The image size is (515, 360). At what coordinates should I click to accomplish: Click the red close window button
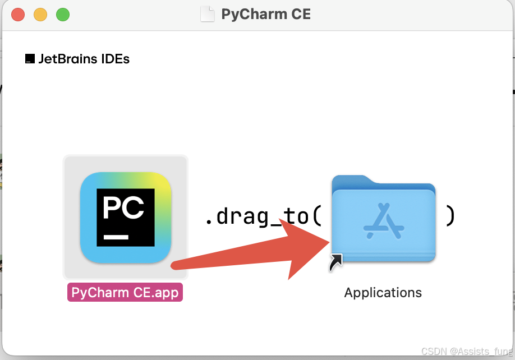pyautogui.click(x=18, y=15)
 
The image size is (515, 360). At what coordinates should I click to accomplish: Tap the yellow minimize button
pyautogui.click(x=40, y=15)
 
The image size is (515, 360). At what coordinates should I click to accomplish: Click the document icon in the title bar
pyautogui.click(x=208, y=15)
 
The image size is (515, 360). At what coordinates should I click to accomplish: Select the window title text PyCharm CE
pyautogui.click(x=266, y=14)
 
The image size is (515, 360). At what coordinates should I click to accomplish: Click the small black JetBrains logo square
pyautogui.click(x=30, y=59)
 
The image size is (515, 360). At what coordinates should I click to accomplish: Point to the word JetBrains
pyautogui.click(x=68, y=59)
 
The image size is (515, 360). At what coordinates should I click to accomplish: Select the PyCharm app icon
pyautogui.click(x=126, y=218)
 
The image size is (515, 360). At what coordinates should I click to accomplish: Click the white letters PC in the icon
pyautogui.click(x=123, y=207)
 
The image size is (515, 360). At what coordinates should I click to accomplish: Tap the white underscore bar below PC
pyautogui.click(x=116, y=237)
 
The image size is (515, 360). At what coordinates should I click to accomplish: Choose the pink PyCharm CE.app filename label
pyautogui.click(x=125, y=292)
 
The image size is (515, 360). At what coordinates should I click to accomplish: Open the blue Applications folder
pyautogui.click(x=384, y=219)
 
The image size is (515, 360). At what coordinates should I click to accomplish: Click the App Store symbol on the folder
pyautogui.click(x=384, y=221)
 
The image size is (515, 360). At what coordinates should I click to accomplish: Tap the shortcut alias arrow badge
pyautogui.click(x=335, y=263)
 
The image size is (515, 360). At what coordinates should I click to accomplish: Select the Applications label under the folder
pyautogui.click(x=383, y=293)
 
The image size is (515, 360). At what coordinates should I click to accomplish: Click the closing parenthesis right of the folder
pyautogui.click(x=450, y=216)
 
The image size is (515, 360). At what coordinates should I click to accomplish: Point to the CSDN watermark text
pyautogui.click(x=467, y=352)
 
